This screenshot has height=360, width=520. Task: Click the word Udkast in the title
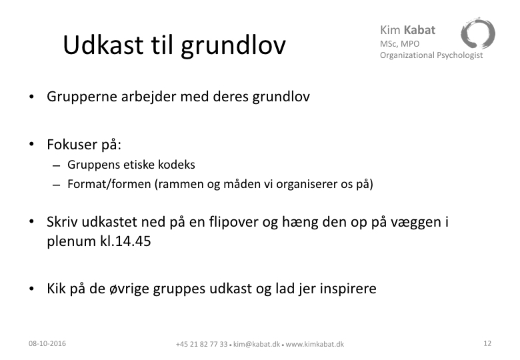(x=103, y=45)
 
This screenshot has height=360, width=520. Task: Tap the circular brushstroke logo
(x=477, y=33)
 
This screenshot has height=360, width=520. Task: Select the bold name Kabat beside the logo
(x=419, y=30)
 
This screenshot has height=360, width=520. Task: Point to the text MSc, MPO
(x=399, y=44)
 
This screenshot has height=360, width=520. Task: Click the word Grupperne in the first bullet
(x=82, y=97)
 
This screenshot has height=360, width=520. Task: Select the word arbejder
(x=149, y=97)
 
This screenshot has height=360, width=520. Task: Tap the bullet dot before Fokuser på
(x=31, y=144)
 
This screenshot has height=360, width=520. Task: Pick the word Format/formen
(x=109, y=184)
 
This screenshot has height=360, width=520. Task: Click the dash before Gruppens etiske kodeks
(x=57, y=165)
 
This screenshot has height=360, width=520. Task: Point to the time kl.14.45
(x=125, y=241)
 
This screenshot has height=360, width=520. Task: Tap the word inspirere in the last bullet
(x=348, y=289)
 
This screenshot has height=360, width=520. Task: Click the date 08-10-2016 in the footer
(x=47, y=343)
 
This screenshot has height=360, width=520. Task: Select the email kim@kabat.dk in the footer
(x=257, y=344)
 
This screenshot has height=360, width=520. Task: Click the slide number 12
(x=487, y=343)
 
